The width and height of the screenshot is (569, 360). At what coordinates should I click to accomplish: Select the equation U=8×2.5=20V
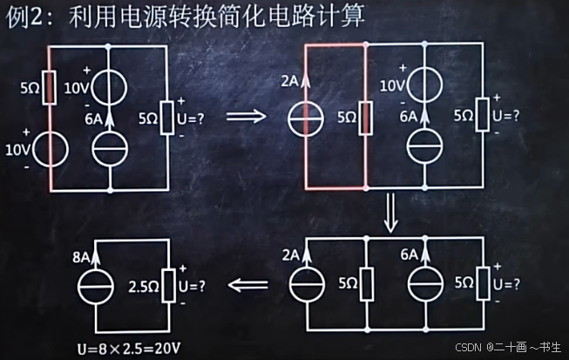point(128,349)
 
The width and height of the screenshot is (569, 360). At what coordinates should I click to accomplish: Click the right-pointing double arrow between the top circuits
point(245,115)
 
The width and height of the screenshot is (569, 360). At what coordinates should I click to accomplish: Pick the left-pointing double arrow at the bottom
point(247,282)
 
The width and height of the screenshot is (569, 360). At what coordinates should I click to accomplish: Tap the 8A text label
point(80,257)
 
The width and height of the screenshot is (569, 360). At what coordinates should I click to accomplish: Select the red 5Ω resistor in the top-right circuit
point(367,116)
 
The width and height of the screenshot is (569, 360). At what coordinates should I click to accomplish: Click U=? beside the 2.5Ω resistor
point(192,283)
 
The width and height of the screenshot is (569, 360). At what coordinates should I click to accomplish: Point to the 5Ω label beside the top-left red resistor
point(30,88)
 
